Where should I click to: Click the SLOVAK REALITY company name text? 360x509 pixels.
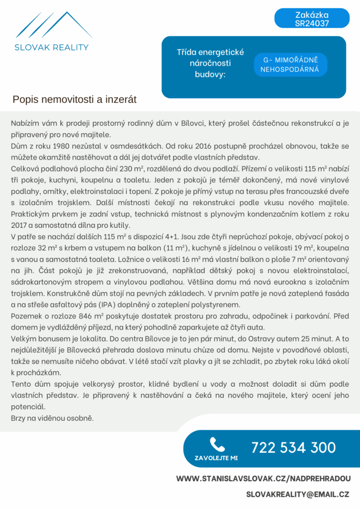click(51, 48)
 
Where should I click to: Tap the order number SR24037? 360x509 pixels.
click(312, 23)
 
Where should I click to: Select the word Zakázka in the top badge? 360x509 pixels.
click(312, 14)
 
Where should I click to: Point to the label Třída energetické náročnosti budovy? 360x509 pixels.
click(203, 63)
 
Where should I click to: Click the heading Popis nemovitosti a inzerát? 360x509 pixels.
click(75, 100)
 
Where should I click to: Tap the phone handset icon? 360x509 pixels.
click(217, 444)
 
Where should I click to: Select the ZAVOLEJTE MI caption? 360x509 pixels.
click(216, 457)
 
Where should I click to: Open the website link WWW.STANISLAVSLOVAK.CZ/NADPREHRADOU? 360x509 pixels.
click(264, 478)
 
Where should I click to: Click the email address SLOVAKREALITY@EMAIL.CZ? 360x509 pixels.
click(297, 494)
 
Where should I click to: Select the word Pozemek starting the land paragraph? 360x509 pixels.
click(25, 316)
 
